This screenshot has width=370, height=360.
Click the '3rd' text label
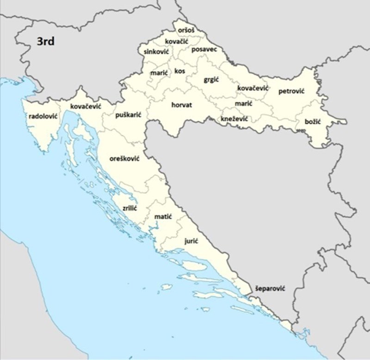click(x=46, y=42)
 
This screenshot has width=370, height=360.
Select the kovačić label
click(x=176, y=42)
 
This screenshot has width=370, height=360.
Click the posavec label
click(x=204, y=49)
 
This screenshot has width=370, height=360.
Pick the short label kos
click(x=179, y=71)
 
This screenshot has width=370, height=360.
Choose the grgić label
click(x=211, y=80)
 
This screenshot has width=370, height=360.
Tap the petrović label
click(x=291, y=91)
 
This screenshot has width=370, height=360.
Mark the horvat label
click(x=181, y=105)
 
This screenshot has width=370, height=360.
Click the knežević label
click(x=234, y=119)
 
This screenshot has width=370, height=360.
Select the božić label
click(x=313, y=122)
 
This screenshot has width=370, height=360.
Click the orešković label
click(x=124, y=158)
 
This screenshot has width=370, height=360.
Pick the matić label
click(x=163, y=216)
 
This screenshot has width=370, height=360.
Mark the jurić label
click(x=192, y=241)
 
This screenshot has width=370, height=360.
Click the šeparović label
click(x=270, y=288)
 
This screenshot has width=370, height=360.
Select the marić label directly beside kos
click(x=159, y=73)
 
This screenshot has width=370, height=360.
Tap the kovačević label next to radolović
click(x=86, y=106)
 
